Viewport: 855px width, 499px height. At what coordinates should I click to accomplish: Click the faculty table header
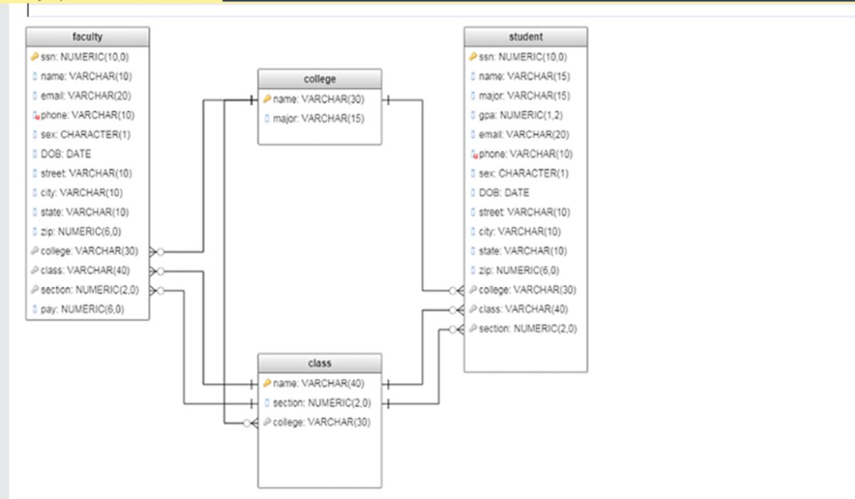pos(87,37)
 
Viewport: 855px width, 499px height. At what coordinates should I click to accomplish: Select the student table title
pos(526,37)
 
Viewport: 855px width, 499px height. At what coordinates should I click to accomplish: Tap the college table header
pos(320,79)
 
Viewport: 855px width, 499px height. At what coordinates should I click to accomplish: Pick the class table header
pos(320,363)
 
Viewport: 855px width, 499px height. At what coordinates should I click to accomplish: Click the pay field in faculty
pos(83,310)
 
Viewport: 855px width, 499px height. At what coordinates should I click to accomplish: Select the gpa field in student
pos(521,115)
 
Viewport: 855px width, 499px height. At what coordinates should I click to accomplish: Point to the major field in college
pos(318,118)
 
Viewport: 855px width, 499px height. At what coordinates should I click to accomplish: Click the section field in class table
pos(321,403)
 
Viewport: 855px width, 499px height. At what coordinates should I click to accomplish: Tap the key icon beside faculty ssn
pos(35,57)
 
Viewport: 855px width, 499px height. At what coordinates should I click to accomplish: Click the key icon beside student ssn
pos(473,57)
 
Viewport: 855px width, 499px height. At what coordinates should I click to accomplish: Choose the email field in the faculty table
pos(86,96)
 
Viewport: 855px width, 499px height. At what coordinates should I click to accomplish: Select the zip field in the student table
pos(519,270)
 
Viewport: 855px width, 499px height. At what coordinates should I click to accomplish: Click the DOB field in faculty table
pos(66,154)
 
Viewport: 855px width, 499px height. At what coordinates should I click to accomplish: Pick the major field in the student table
pos(524,96)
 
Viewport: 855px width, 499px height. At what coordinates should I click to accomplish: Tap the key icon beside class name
pos(267,384)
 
